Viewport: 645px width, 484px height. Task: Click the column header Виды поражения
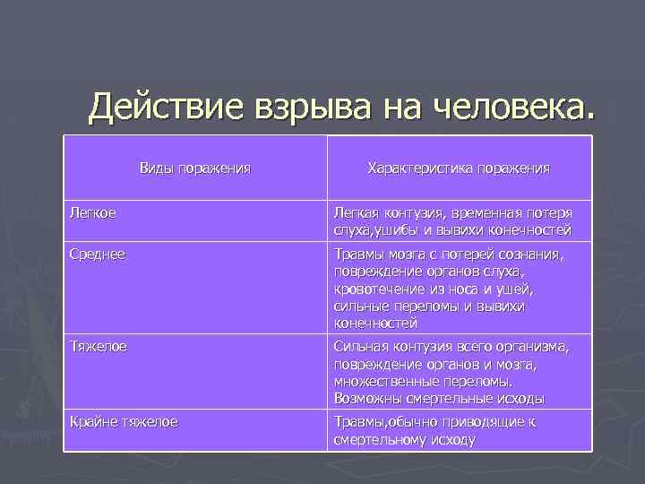point(195,168)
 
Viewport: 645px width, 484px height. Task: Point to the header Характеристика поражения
point(459,168)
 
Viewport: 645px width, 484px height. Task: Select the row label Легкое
point(92,213)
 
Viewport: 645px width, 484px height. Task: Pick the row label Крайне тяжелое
point(124,420)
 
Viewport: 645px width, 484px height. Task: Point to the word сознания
point(534,255)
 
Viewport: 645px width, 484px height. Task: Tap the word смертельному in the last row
point(383,438)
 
